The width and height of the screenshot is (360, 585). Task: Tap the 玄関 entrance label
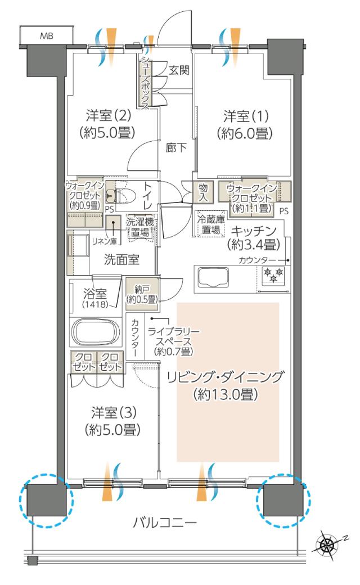pyautogui.click(x=179, y=70)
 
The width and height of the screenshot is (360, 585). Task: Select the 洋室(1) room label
pyautogui.click(x=246, y=125)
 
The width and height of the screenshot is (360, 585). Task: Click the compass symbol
pyautogui.click(x=325, y=542)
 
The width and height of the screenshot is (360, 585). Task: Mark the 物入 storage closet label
pyautogui.click(x=204, y=193)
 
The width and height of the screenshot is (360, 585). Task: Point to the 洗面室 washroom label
pyautogui.click(x=121, y=260)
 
